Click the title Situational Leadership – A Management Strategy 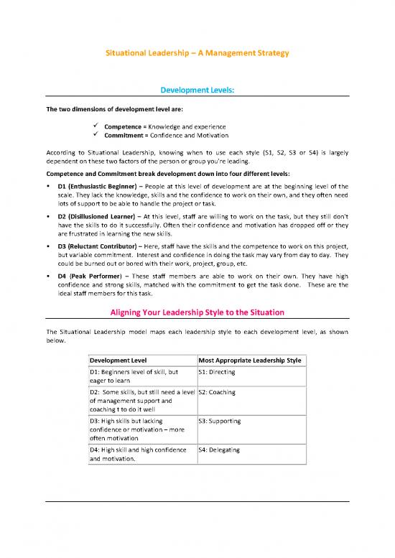click(x=197, y=54)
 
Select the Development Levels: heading click(x=197, y=90)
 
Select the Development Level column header click(x=118, y=359)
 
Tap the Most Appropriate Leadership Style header click(x=250, y=359)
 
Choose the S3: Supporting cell click(x=219, y=421)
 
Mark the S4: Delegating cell click(x=219, y=450)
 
